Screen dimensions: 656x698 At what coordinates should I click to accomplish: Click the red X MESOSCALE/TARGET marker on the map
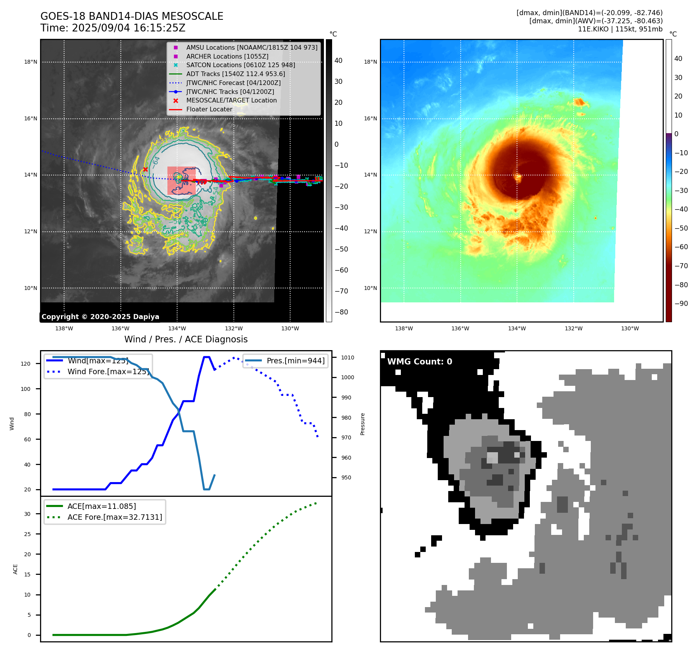pos(145,169)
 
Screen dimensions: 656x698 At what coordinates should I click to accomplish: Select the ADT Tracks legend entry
pos(235,74)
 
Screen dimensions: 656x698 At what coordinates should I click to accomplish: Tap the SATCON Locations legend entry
pos(240,65)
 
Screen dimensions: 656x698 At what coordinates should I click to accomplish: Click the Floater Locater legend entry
pos(209,109)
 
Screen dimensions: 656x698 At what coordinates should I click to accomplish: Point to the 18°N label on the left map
pos(31,62)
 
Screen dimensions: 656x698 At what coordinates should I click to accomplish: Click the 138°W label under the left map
pos(64,328)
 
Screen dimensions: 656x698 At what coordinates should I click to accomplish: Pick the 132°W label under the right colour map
pos(573,328)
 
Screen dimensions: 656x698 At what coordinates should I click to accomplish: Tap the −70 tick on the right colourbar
pos(681,266)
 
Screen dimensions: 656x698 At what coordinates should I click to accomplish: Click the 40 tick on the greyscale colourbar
pos(338,61)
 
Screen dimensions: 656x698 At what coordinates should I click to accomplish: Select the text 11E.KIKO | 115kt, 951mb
pos(620,29)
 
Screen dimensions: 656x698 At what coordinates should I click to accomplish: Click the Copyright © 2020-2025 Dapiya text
pos(100,317)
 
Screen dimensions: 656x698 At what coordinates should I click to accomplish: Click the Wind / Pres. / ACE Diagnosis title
pos(186,339)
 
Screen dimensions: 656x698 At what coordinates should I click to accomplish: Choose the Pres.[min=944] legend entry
pos(295,361)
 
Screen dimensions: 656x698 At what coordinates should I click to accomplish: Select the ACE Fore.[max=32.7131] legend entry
pos(115,517)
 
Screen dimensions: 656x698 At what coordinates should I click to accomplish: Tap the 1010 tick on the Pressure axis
pos(348,358)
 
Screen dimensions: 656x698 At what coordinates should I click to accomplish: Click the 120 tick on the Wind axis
pos(26,364)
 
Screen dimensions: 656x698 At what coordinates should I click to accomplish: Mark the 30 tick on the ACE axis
pos(27,514)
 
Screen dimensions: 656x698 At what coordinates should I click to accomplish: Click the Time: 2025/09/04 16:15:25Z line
pos(113,28)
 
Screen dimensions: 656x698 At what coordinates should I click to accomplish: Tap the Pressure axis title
pos(362,424)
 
